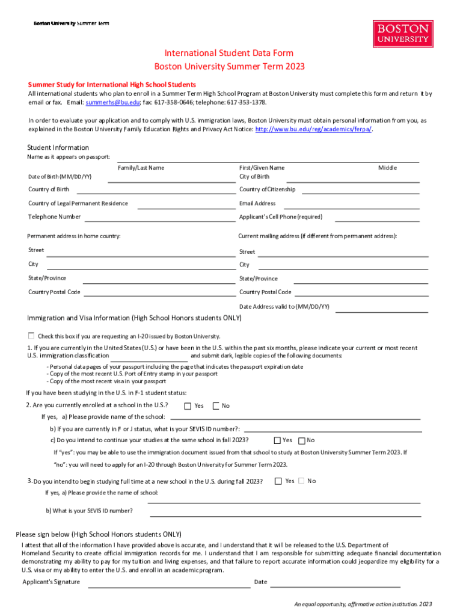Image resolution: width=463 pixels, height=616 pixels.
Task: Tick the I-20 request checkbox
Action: (31, 335)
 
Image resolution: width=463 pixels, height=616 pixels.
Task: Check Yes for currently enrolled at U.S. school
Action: (188, 405)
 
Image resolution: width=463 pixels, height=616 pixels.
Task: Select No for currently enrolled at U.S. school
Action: (216, 405)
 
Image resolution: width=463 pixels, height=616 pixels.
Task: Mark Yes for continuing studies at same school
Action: (277, 440)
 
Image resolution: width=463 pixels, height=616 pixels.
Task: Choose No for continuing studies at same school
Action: (302, 440)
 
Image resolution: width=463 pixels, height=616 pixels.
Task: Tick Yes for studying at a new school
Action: (278, 481)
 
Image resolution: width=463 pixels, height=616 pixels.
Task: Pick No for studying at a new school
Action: (302, 481)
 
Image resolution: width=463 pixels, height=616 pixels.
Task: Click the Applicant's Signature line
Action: (169, 586)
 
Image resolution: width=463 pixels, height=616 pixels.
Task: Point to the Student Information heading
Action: (58, 148)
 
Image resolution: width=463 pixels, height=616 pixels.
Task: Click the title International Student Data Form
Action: (230, 54)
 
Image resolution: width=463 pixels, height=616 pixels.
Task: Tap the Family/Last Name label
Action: (141, 168)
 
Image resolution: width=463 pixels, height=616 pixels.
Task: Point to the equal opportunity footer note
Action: (359, 604)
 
